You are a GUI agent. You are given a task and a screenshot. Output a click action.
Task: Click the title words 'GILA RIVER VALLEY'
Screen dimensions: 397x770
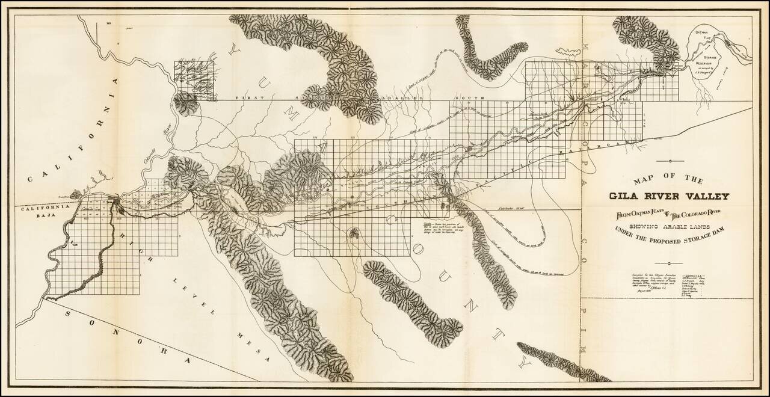pyautogui.click(x=668, y=196)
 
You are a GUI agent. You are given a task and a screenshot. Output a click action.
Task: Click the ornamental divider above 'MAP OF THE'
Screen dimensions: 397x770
pyautogui.click(x=668, y=161)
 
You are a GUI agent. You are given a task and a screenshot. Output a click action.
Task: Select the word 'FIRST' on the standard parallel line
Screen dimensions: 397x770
pyautogui.click(x=247, y=97)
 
